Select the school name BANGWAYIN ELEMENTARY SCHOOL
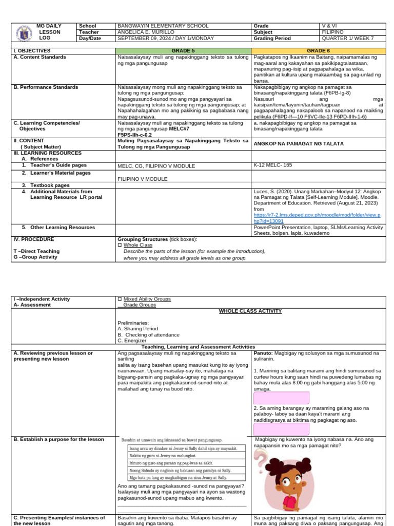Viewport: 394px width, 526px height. [x=163, y=26]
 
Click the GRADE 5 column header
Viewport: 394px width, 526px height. [x=183, y=51]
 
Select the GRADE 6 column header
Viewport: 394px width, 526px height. [x=318, y=51]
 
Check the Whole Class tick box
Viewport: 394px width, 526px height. [x=120, y=245]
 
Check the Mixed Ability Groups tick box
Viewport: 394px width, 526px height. [x=120, y=299]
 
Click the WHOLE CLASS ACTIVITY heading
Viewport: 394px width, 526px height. [x=250, y=311]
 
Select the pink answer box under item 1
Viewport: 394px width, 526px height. [x=281, y=398]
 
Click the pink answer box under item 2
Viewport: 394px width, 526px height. [x=281, y=429]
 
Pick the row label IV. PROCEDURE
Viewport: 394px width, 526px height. [x=34, y=239]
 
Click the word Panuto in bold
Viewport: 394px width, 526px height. [x=263, y=353]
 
